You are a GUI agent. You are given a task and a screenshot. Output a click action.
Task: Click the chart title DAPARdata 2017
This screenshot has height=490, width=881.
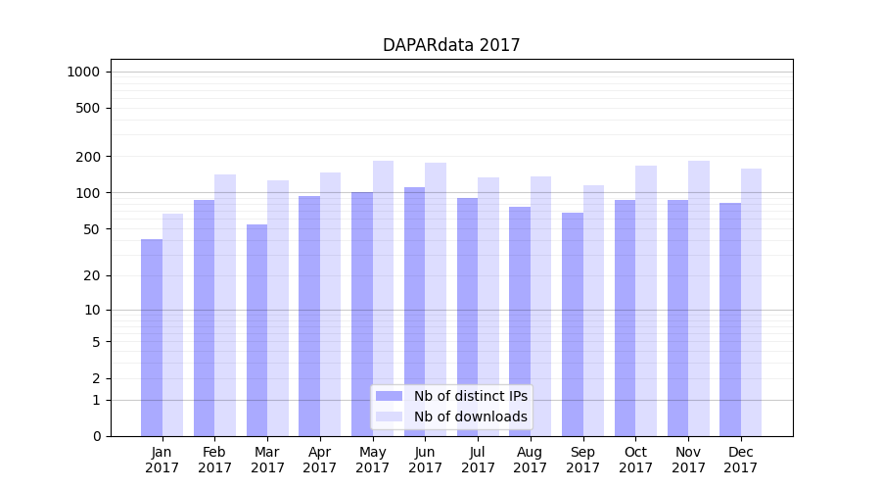(x=451, y=45)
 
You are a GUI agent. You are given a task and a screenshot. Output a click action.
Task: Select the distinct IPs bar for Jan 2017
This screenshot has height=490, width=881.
(x=152, y=337)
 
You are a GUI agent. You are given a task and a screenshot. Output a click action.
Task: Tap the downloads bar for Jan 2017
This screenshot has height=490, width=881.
(x=172, y=324)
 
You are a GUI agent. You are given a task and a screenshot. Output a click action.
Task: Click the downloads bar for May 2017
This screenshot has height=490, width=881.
(x=383, y=298)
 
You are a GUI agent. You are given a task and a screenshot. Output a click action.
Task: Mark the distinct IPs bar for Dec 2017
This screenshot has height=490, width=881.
(x=730, y=319)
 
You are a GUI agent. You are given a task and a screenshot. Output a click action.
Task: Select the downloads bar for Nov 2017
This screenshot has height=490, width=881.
(x=699, y=298)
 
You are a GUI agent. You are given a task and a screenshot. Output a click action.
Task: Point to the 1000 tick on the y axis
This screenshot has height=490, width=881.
(x=83, y=72)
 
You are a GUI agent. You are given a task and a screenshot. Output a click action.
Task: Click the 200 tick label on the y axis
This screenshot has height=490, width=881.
(x=89, y=157)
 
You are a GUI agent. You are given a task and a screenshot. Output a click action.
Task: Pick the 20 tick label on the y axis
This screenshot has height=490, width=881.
(x=92, y=275)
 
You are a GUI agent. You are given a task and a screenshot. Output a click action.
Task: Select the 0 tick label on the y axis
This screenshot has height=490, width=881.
(x=96, y=436)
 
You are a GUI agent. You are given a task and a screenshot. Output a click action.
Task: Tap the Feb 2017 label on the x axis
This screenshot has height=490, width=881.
(x=214, y=460)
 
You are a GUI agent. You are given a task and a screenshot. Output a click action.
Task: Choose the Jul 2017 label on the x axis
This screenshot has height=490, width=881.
(x=478, y=460)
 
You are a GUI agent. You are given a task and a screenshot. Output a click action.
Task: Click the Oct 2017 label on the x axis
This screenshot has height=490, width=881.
(x=635, y=460)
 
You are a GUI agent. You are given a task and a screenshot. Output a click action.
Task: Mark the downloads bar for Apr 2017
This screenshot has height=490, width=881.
(x=330, y=304)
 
